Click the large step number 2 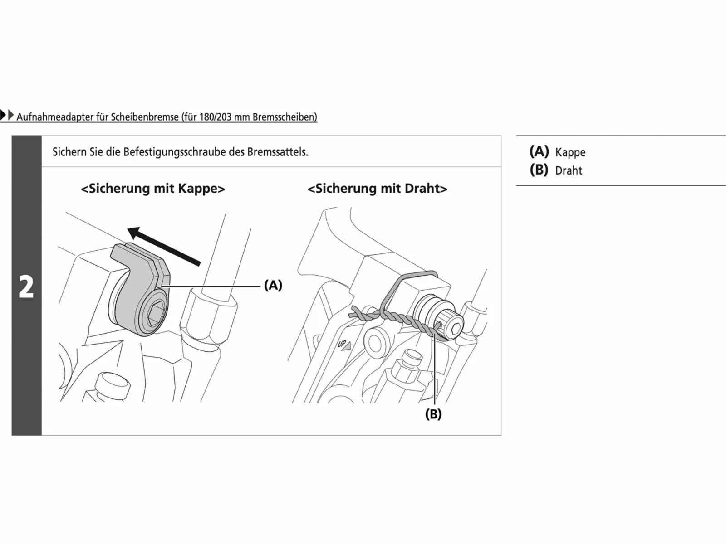coord(26,287)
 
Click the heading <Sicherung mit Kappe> coord(153,189)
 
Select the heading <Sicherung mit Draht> coord(378,189)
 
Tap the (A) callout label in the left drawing coord(273,285)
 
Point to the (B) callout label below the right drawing coord(433,414)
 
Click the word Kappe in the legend coord(570,153)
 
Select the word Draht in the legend coord(569,171)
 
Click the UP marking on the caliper coord(344,345)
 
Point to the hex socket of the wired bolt coord(455,328)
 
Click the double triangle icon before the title coord(7,115)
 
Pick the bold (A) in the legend coord(539,151)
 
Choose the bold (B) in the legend coord(539,170)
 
